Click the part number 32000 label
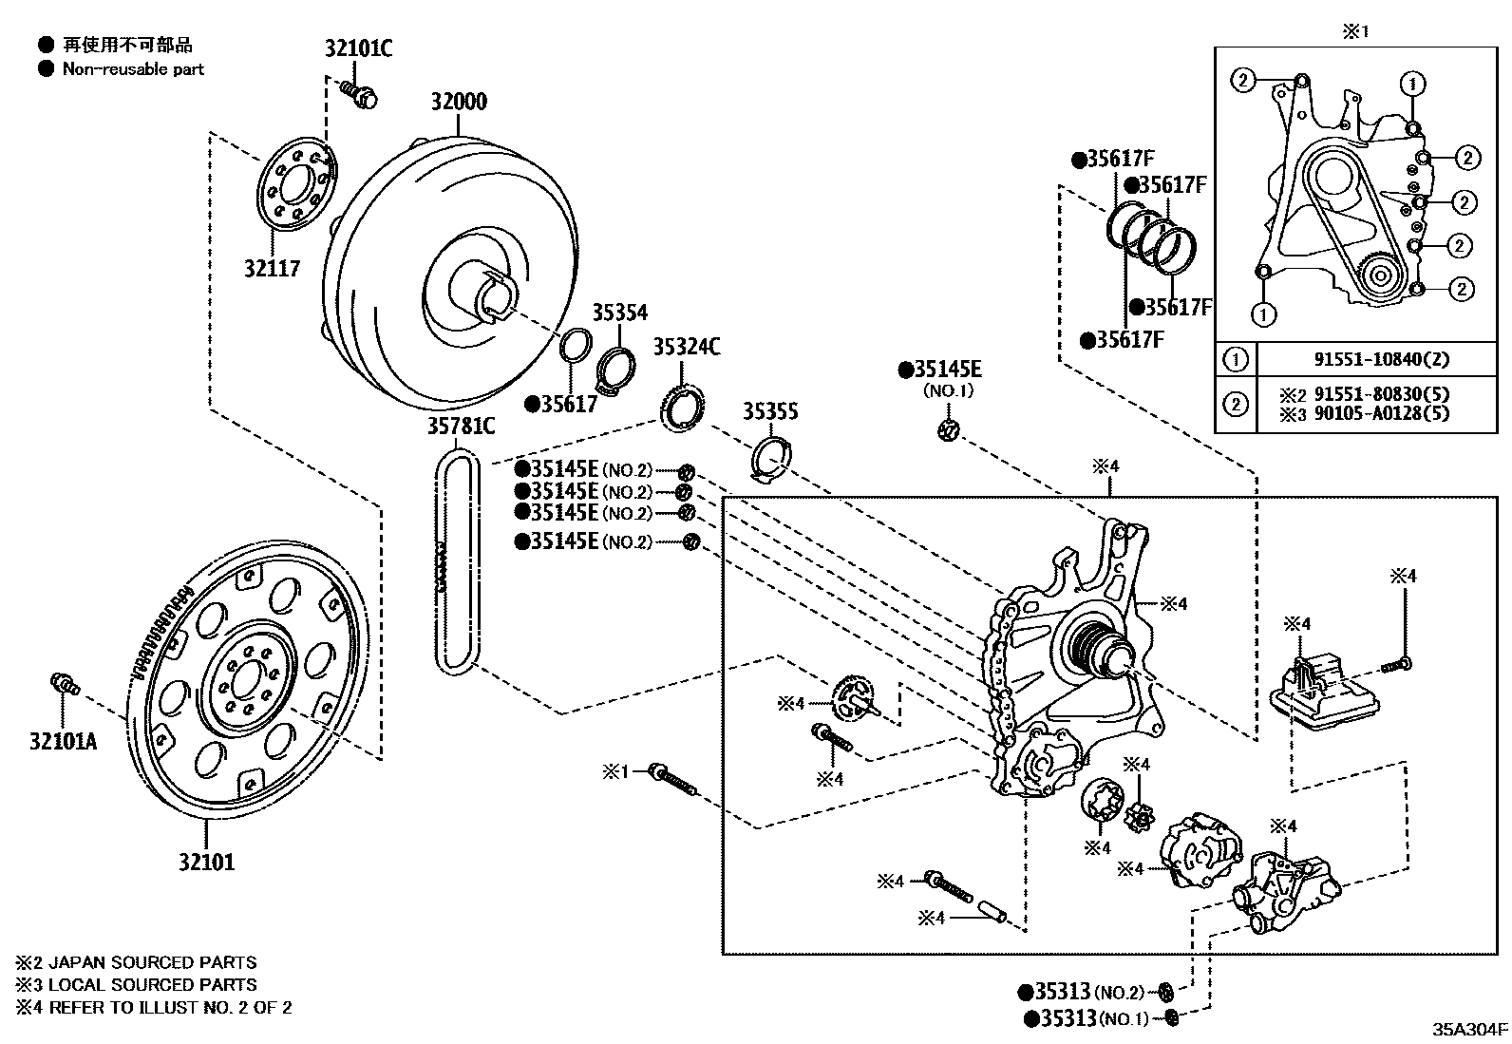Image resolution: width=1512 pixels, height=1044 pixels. (x=459, y=102)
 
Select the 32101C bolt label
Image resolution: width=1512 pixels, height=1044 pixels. (x=358, y=48)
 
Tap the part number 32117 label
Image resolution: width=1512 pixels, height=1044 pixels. (x=272, y=269)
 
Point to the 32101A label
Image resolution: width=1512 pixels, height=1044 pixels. (x=63, y=742)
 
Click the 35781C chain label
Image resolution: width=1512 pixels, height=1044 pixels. (x=461, y=427)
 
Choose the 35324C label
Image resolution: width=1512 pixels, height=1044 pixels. (x=687, y=347)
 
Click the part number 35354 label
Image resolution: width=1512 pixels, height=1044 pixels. (x=619, y=313)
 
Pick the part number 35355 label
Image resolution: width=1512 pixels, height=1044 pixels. (x=770, y=411)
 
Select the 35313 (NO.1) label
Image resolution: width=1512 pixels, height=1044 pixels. (x=1087, y=1018)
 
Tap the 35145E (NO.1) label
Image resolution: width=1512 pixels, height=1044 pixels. (x=940, y=378)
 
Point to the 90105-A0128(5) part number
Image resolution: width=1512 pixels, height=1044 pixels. (x=1382, y=413)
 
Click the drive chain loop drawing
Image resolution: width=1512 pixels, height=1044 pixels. (x=458, y=562)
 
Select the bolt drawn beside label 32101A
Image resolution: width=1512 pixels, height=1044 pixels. (x=66, y=684)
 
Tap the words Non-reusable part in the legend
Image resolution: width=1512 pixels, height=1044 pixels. (x=133, y=69)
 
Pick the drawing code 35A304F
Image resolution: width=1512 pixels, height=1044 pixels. (x=1470, y=1029)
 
